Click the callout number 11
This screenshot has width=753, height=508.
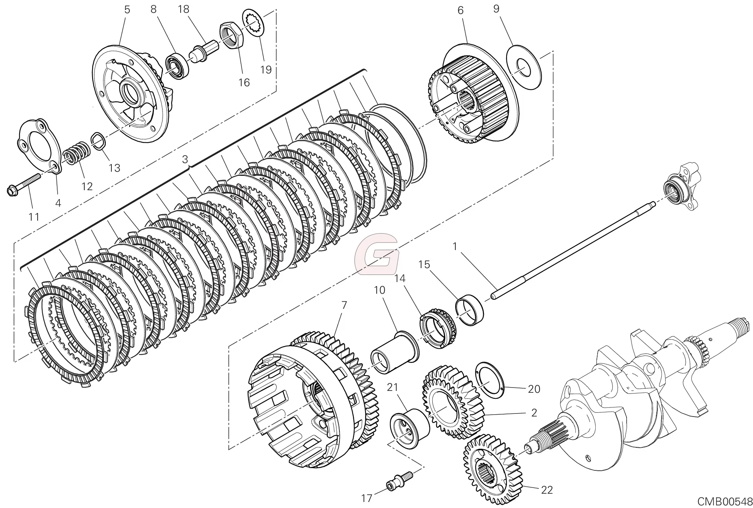34,217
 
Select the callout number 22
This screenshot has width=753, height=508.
547,490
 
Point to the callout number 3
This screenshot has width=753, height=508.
185,159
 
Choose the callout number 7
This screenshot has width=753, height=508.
344,305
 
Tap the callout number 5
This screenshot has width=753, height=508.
127,10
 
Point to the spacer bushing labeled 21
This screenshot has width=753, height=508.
409,428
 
